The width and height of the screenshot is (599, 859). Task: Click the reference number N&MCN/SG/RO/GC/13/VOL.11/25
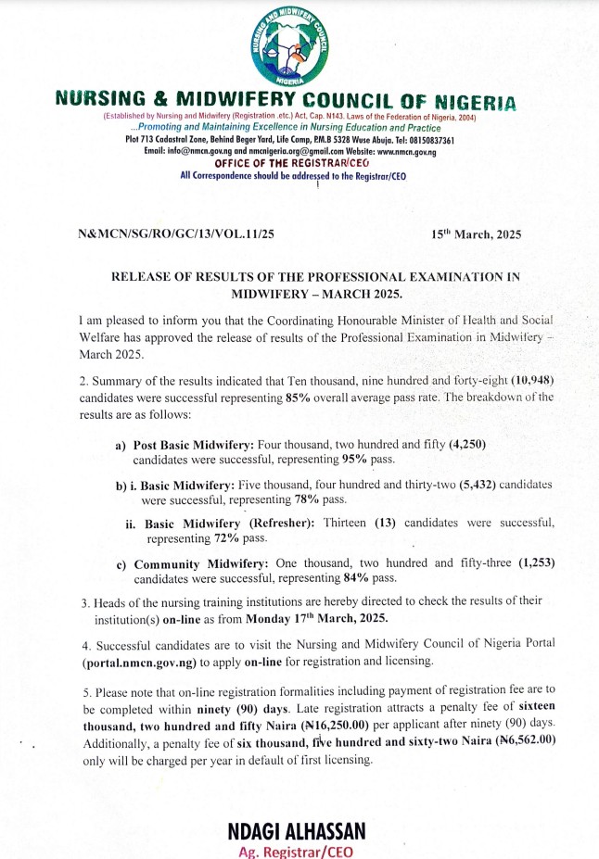click(177, 234)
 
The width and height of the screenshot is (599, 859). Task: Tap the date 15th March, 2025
click(477, 234)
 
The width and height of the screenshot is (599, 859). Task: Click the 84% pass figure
click(359, 578)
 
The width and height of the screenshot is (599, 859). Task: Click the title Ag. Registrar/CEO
click(295, 852)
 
